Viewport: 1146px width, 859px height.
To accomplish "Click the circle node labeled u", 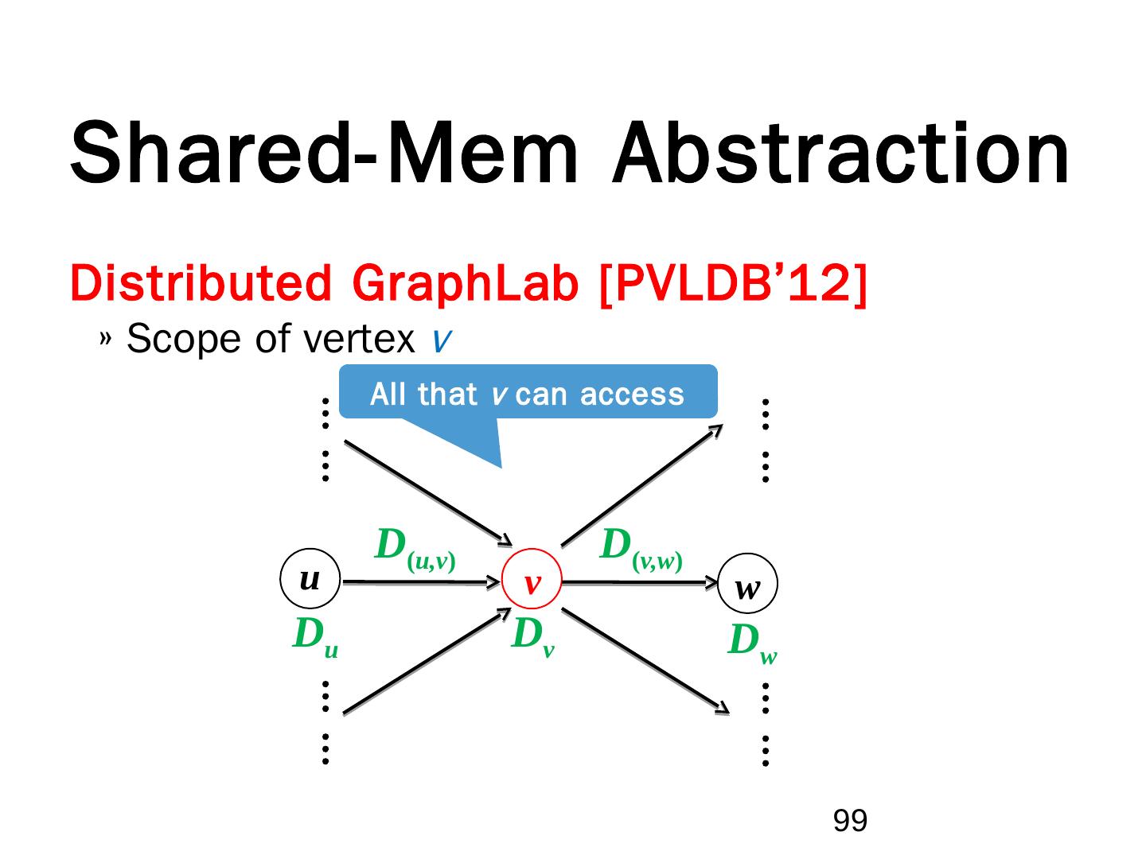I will tap(310, 578).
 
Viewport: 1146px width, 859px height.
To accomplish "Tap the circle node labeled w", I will tap(747, 585).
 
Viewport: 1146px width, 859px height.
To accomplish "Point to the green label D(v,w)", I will tap(641, 550).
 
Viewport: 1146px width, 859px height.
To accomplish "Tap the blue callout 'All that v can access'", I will tap(528, 393).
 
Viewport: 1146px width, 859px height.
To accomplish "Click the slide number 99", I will tap(850, 820).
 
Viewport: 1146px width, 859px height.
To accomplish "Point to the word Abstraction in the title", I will tap(840, 154).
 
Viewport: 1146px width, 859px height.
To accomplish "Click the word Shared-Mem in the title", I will tap(323, 154).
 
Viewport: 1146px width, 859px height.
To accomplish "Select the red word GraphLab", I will tap(463, 283).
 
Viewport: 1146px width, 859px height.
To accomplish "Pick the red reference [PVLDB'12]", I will tap(731, 283).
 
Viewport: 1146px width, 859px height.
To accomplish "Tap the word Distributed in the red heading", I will tap(200, 283).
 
